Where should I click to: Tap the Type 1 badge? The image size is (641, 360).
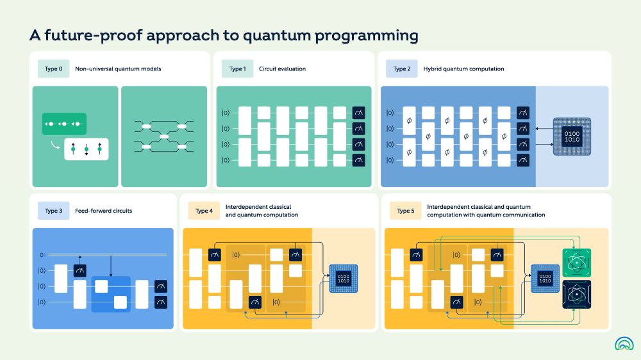coord(237,69)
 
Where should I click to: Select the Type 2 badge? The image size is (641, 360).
coord(401,69)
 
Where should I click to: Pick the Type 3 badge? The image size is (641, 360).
coord(53,211)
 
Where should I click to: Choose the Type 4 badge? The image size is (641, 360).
coord(203,211)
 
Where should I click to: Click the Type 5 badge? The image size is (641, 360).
coord(405,211)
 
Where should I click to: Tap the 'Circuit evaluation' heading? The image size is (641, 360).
coord(282,69)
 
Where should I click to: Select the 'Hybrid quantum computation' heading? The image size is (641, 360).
coord(463,69)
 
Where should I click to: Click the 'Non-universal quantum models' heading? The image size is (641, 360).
coord(118,69)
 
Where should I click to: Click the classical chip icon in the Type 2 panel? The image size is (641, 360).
coord(571,136)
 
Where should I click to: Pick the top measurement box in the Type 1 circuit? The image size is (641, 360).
coord(358,113)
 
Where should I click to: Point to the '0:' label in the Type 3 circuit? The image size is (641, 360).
coord(42,255)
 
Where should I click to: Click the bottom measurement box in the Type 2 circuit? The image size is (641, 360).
coord(523,160)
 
